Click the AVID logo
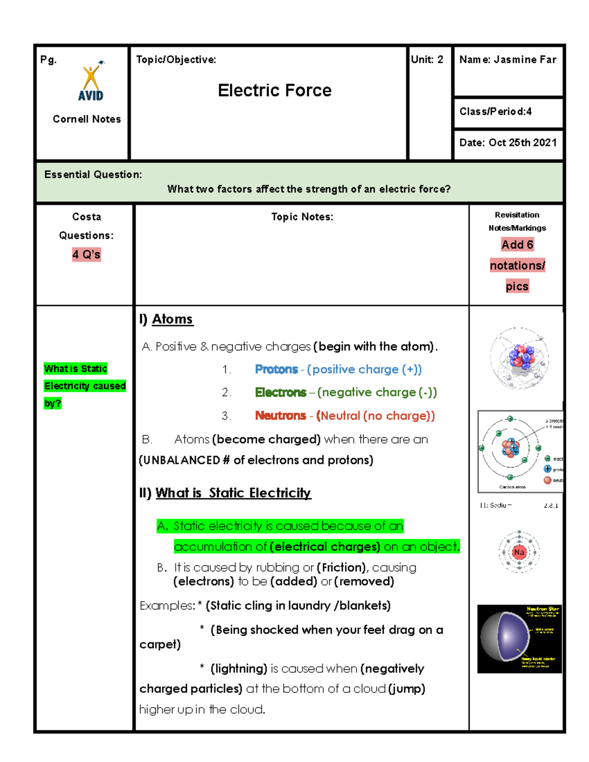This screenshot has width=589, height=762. click(x=91, y=82)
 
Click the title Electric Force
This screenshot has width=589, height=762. click(x=274, y=90)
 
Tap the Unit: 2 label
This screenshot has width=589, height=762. click(x=427, y=59)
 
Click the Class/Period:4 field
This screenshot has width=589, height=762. click(x=495, y=111)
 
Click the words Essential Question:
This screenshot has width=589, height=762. click(x=93, y=175)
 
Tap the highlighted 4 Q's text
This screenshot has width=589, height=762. click(x=86, y=254)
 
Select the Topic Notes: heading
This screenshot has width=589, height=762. click(x=302, y=217)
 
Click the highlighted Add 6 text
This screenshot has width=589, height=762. click(x=517, y=244)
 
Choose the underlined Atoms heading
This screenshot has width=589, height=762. click(x=172, y=319)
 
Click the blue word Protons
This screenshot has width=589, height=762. click(x=276, y=369)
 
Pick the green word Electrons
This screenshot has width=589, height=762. click(x=280, y=393)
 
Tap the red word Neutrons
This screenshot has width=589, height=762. click(x=280, y=416)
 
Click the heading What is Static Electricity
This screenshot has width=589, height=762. click(x=233, y=493)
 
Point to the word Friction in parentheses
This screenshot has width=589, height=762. click(x=341, y=568)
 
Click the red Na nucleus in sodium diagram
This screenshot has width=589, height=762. click(x=519, y=552)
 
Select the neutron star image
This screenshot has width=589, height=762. click(x=519, y=638)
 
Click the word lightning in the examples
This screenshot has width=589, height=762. click(x=239, y=669)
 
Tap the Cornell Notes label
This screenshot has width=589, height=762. click(x=86, y=119)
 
